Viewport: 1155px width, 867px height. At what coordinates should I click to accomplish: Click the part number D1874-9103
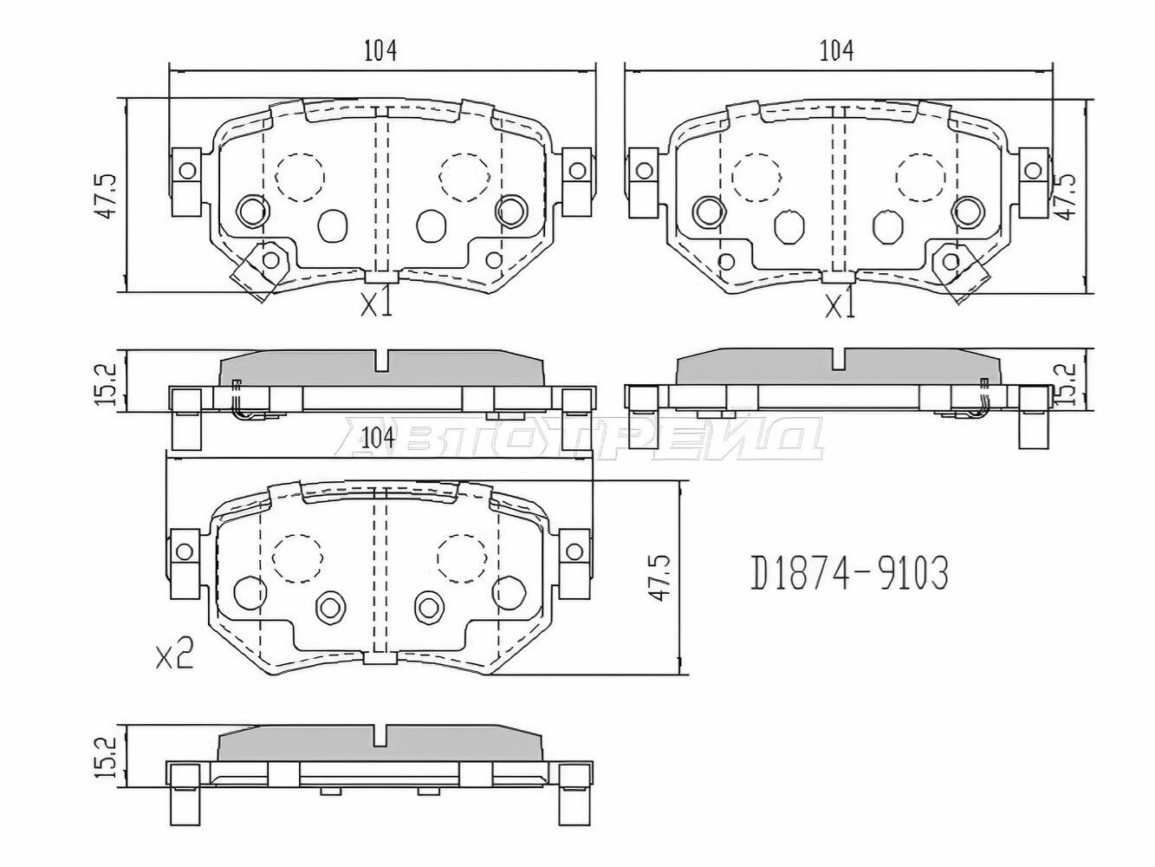tap(849, 573)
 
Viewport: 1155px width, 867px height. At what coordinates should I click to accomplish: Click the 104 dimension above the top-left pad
tap(380, 50)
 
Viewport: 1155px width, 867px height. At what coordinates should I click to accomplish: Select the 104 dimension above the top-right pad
tap(836, 50)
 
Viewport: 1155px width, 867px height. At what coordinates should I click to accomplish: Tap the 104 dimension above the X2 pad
tap(379, 438)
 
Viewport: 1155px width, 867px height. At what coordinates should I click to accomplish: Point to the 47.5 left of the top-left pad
tap(107, 195)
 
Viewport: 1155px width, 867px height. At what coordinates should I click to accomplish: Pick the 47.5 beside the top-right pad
tap(1067, 196)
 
